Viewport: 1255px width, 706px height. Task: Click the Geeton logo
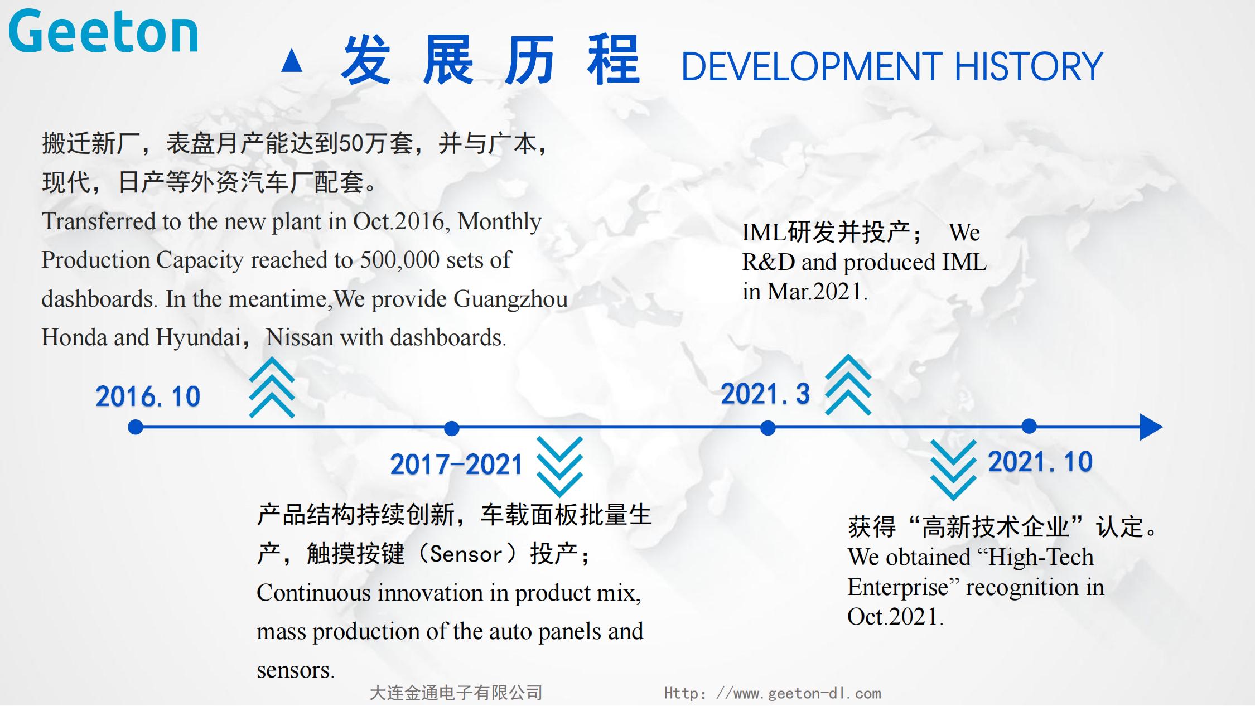104,32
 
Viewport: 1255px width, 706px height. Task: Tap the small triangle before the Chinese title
292,61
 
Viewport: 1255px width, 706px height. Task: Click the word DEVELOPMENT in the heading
812,66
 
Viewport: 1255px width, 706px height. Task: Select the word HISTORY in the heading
1029,66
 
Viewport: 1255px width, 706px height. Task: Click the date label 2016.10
148,396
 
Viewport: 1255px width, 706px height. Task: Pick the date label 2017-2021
456,465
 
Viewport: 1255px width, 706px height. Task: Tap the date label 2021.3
765,394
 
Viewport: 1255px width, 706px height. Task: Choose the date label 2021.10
1040,462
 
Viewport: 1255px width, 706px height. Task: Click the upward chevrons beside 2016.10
272,388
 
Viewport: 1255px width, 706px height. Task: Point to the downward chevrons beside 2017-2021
559,467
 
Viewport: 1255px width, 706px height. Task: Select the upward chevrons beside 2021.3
848,385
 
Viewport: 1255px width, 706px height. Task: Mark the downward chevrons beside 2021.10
953,470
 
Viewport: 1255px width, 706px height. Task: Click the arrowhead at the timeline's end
1151,427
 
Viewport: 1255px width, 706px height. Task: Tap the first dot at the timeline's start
136,427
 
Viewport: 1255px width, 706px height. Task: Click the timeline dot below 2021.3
768,428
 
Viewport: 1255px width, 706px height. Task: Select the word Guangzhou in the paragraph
510,299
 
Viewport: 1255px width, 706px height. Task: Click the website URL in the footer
773,693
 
